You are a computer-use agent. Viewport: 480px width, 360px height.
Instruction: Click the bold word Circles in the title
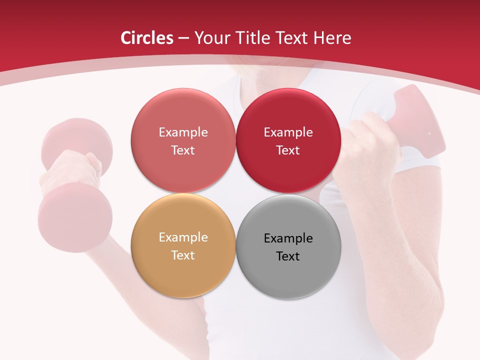[147, 38]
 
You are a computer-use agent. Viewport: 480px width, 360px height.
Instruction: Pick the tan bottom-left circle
[183, 272]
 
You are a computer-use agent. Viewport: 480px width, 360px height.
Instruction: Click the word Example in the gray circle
[288, 238]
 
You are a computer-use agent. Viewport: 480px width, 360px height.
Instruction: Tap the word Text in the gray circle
[288, 256]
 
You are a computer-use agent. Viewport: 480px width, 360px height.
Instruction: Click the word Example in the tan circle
[183, 237]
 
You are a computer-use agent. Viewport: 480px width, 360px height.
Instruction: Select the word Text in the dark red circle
[288, 150]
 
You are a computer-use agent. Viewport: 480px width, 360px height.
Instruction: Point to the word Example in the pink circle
[183, 132]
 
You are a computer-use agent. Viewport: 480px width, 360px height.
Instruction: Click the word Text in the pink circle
[183, 150]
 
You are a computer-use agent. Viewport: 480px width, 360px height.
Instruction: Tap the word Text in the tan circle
[183, 255]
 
